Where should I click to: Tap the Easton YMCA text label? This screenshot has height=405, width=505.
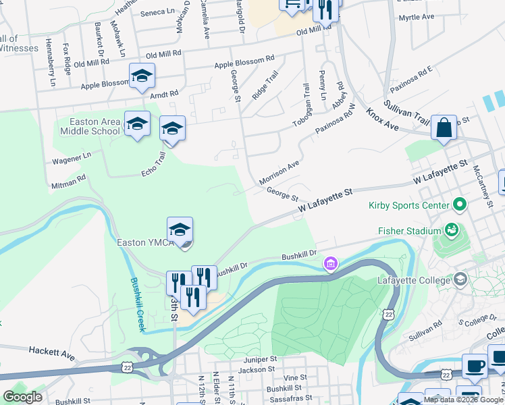144,242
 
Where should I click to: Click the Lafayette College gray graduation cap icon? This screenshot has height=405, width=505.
460,279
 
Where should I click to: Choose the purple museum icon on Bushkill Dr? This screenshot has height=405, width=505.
330,263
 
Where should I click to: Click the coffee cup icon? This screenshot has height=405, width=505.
475,367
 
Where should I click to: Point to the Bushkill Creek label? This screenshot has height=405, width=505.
137,304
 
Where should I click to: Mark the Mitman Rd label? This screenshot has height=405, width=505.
68,180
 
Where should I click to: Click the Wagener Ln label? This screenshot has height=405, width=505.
72,159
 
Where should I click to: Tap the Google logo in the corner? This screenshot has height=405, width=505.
22,396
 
